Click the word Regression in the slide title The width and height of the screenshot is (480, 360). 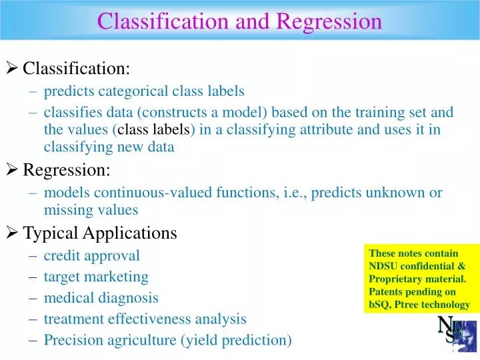click(329, 21)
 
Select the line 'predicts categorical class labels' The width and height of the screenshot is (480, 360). click(144, 91)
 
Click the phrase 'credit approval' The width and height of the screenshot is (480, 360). click(91, 255)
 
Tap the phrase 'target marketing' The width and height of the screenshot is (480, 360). click(96, 276)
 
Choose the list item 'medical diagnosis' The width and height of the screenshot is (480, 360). click(101, 297)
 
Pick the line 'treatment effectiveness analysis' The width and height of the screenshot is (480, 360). click(145, 319)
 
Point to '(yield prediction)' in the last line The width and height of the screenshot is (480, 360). click(236, 340)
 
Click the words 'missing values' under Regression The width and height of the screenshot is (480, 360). click(91, 210)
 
